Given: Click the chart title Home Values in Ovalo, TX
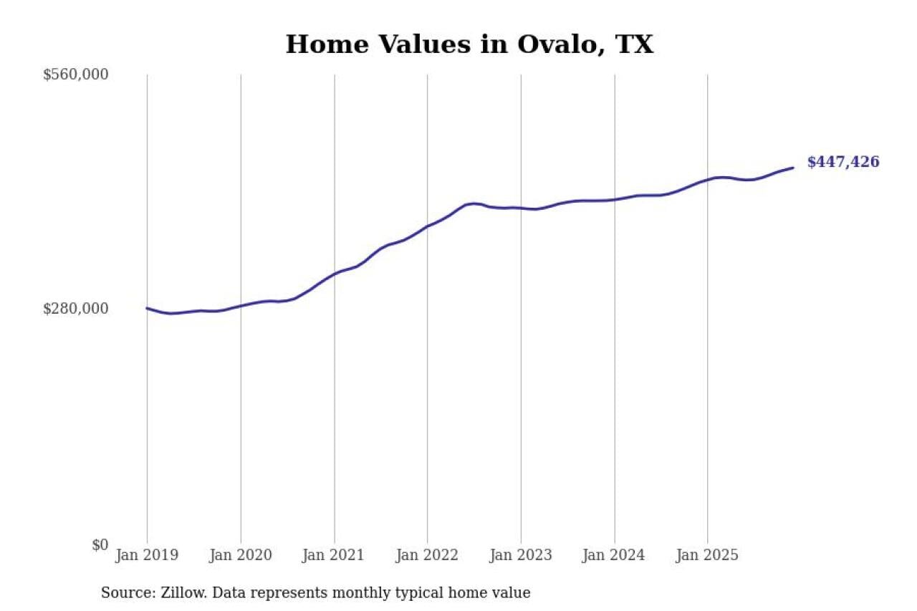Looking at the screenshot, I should click(469, 44).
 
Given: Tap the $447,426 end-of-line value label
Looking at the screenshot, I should click(842, 163).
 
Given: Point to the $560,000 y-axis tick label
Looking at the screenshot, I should click(75, 74).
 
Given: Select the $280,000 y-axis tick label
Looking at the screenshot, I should click(75, 309).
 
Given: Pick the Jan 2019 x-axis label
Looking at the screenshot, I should click(147, 555).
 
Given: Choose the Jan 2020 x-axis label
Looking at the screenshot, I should click(241, 555).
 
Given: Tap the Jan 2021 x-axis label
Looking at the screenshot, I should click(334, 555).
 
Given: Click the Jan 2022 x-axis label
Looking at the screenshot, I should click(427, 555).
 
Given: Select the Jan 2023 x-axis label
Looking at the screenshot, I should click(521, 555).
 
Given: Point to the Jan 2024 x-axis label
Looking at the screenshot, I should click(614, 555).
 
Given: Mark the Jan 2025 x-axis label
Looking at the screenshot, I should click(708, 555).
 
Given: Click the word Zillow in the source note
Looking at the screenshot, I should click(183, 593).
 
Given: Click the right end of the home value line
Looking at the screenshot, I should click(793, 168).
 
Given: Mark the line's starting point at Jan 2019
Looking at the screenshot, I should click(147, 308).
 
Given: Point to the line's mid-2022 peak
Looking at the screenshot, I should click(473, 203).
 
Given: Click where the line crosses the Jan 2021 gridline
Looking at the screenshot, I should click(334, 274).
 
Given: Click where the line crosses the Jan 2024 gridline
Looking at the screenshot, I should click(614, 199).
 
